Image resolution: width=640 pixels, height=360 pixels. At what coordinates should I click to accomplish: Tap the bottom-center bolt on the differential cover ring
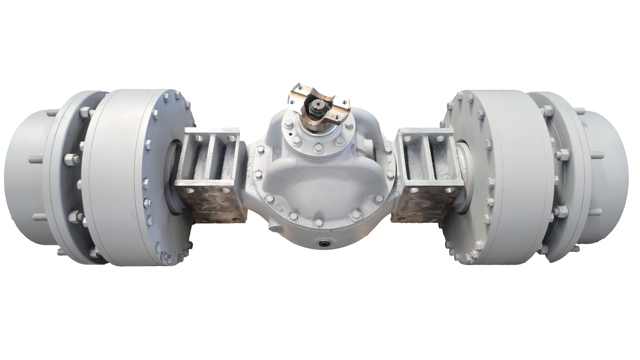[318, 222]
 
